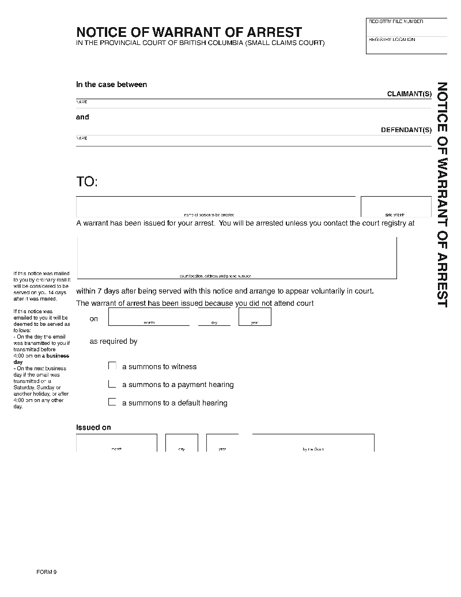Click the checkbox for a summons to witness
[x=112, y=366]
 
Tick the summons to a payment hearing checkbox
[x=112, y=384]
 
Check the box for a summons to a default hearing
[x=112, y=402]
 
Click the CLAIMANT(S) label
[x=409, y=94]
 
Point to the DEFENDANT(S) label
[x=406, y=130]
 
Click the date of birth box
[x=396, y=206]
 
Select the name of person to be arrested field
[x=216, y=205]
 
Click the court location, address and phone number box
[x=237, y=257]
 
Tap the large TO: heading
[x=87, y=182]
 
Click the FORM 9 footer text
[x=46, y=572]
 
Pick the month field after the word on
[x=149, y=317]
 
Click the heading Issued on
[x=93, y=427]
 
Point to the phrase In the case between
[x=112, y=84]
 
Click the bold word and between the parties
[x=83, y=117]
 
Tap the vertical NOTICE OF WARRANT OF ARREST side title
[x=442, y=194]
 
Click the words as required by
[x=114, y=341]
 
